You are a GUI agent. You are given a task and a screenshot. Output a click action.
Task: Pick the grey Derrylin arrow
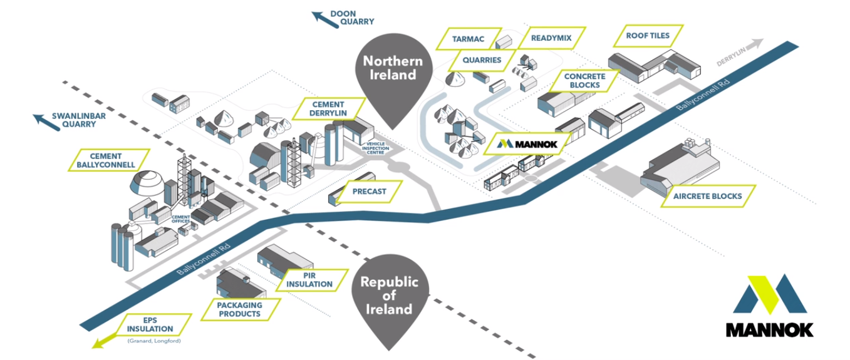click(x=755, y=45)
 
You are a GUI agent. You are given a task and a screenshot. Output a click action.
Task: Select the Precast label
click(x=369, y=192)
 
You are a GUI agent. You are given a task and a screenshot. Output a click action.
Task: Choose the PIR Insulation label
click(x=310, y=279)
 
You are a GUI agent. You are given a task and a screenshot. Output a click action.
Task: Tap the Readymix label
click(x=551, y=38)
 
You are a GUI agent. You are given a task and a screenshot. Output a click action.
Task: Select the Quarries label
click(x=483, y=60)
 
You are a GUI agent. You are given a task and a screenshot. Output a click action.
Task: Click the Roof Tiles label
click(x=648, y=36)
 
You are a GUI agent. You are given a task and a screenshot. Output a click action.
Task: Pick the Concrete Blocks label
click(x=584, y=81)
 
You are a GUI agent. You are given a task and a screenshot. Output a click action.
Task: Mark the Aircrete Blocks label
click(x=707, y=196)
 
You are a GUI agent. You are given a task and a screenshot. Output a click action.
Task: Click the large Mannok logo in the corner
click(x=769, y=307)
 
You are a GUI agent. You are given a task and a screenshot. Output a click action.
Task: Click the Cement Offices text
click(x=181, y=219)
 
